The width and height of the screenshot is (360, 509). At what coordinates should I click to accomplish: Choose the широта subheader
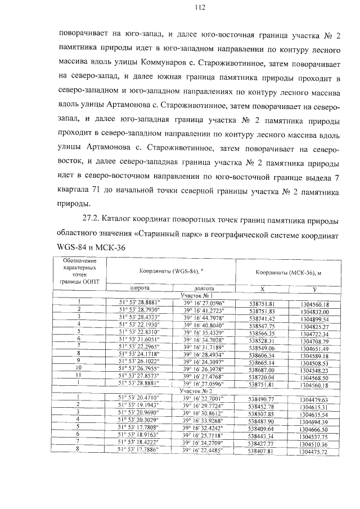point(136,286)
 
